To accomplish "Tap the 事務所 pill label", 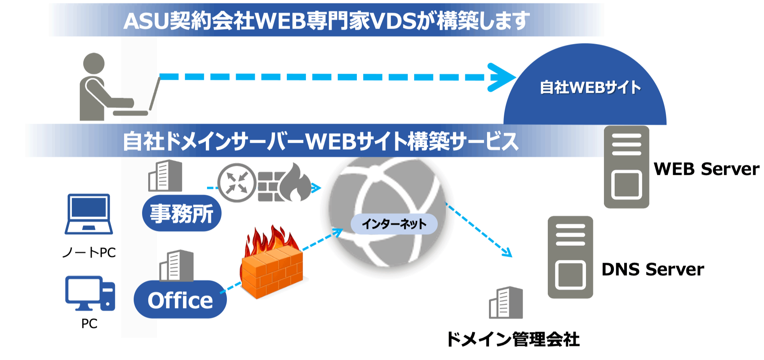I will pos(181,213).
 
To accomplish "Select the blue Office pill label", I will pos(180,300).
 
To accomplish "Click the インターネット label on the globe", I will pos(394,224).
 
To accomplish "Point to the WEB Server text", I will pos(706,169).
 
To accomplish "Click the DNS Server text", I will pos(652,270).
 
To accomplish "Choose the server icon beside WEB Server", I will pos(626,167).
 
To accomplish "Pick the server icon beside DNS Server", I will pos(570,257).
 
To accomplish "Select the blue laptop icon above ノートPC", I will pos(89,214).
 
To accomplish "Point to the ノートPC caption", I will pos(89,252).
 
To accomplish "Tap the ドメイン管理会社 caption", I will pos(513,339).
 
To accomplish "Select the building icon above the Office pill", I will pos(176,266).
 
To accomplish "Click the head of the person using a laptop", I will pos(94,63).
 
